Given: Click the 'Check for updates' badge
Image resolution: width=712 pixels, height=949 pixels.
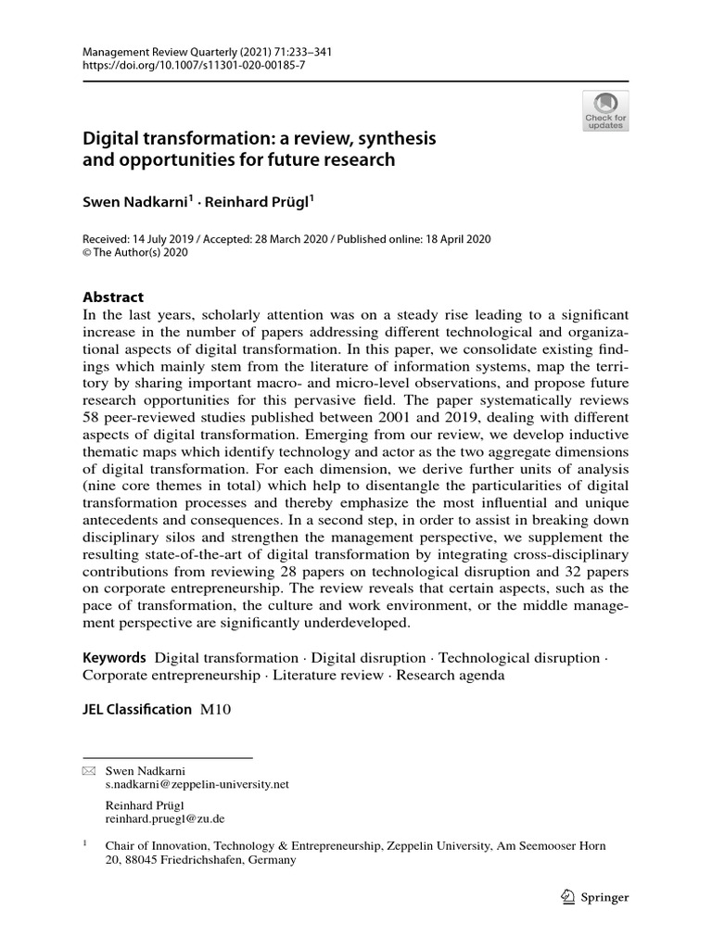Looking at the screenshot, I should pos(605,110).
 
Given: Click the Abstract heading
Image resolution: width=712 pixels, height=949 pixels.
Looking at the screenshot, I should pos(113,297).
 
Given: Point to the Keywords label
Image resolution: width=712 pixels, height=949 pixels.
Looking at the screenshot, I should pos(114,658).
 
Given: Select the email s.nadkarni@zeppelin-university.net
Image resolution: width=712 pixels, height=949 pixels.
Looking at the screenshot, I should pos(197,783).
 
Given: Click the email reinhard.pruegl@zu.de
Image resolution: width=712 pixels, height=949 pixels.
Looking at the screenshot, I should pos(165,819).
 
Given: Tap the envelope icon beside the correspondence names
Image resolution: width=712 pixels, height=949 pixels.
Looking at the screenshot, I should pos(89,770).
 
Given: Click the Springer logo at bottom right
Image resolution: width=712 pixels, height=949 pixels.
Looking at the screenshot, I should pos(596,896).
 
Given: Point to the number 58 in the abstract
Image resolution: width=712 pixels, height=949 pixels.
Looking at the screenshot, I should pos(94,416).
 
